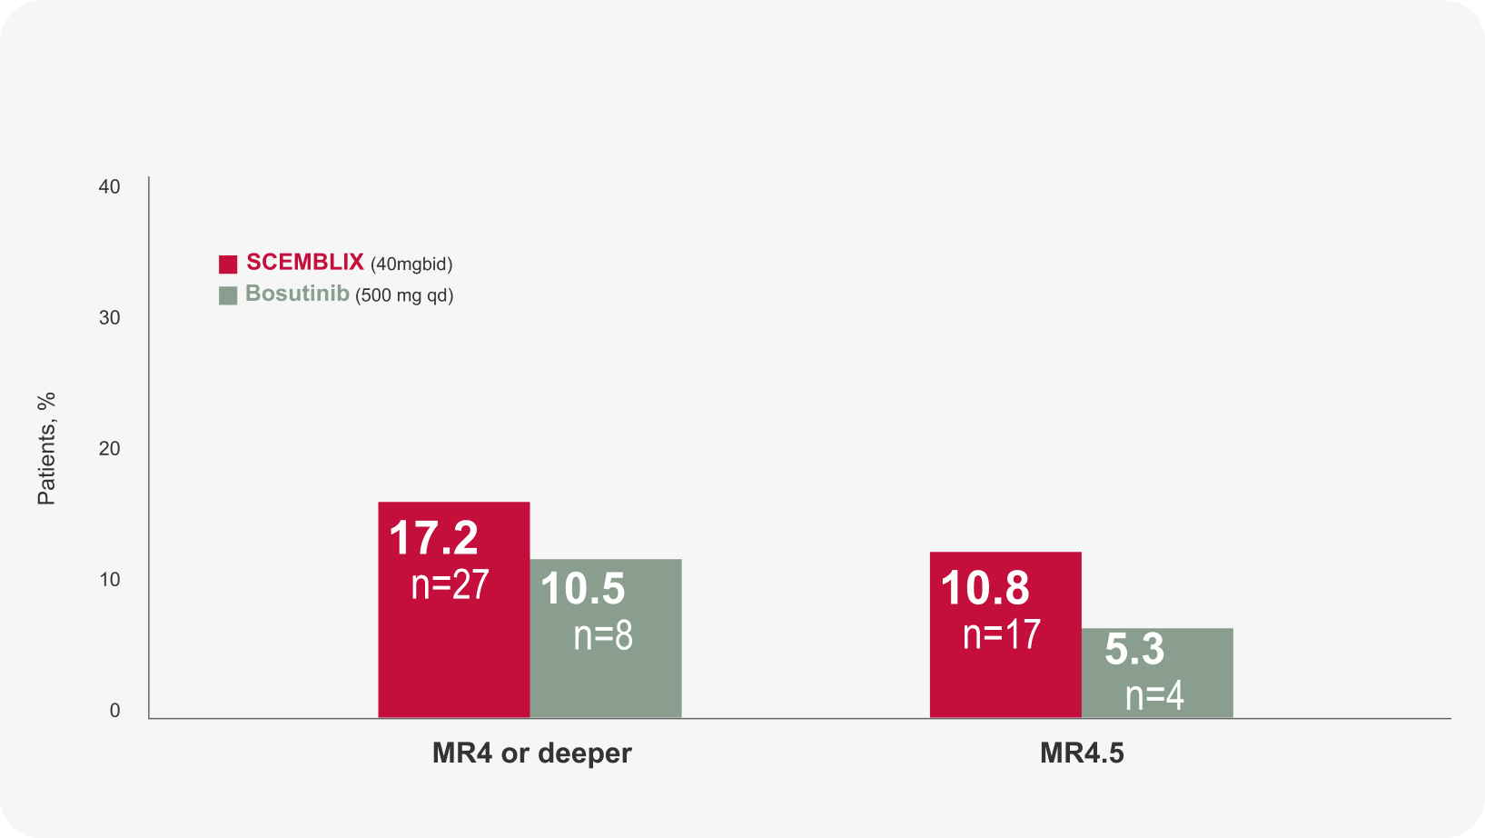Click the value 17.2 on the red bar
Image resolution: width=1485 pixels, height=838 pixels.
point(433,538)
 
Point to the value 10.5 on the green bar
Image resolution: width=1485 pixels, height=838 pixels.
point(582,589)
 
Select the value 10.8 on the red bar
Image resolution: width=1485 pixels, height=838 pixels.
point(985,588)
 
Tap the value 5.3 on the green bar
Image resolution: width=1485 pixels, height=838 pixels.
point(1134,650)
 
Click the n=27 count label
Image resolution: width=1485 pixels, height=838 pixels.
point(450,584)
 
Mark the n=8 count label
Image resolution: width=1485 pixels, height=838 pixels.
point(603,635)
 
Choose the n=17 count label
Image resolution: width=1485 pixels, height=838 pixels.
point(1002,634)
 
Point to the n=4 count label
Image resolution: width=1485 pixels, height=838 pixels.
point(1154,696)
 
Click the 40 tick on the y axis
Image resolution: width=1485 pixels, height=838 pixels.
point(109,186)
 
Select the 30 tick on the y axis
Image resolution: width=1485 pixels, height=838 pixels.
point(109,317)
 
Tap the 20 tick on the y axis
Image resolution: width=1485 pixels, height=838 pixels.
point(109,448)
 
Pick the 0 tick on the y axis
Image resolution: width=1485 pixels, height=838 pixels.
point(114,711)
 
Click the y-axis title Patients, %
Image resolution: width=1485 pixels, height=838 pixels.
point(46,448)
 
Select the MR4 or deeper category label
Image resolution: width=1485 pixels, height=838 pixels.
point(531,753)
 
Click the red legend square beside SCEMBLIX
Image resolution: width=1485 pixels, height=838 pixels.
point(228,264)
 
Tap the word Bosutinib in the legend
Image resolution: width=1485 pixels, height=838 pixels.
point(297,294)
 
